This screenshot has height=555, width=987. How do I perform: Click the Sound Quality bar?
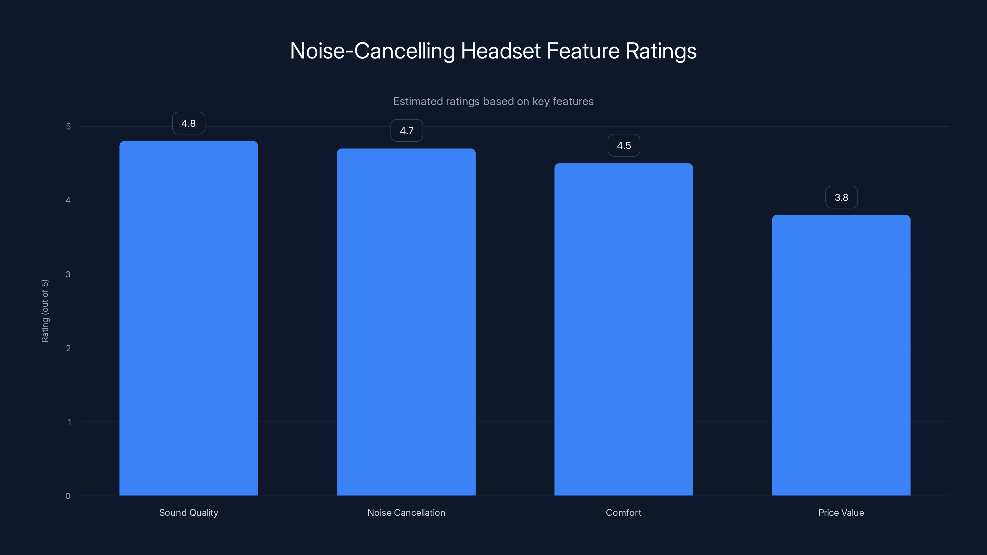pyautogui.click(x=188, y=318)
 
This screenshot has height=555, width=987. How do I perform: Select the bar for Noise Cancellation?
pyautogui.click(x=406, y=322)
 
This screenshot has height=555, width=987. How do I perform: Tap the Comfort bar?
pyautogui.click(x=623, y=329)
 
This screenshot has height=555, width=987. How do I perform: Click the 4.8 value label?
pyautogui.click(x=188, y=123)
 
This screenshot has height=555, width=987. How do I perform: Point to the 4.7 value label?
pyautogui.click(x=407, y=131)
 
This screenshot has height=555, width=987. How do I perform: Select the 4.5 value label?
pyautogui.click(x=624, y=146)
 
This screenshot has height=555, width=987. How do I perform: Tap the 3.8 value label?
pyautogui.click(x=841, y=197)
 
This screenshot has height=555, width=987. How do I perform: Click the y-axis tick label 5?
pyautogui.click(x=68, y=126)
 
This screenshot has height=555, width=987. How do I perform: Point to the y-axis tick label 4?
pyautogui.click(x=68, y=200)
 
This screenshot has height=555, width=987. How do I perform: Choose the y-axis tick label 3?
pyautogui.click(x=68, y=274)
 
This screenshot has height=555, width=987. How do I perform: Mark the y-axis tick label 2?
pyautogui.click(x=68, y=348)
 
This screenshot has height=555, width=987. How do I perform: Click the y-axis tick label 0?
pyautogui.click(x=68, y=496)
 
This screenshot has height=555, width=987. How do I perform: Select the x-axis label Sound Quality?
pyautogui.click(x=188, y=512)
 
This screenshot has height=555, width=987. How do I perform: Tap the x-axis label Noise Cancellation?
pyautogui.click(x=406, y=512)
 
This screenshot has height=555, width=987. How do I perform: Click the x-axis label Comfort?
pyautogui.click(x=623, y=512)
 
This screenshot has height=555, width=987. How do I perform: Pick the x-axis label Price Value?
pyautogui.click(x=841, y=512)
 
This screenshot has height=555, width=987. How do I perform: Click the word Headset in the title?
pyautogui.click(x=501, y=51)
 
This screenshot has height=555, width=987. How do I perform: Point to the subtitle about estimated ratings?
pyautogui.click(x=493, y=101)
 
